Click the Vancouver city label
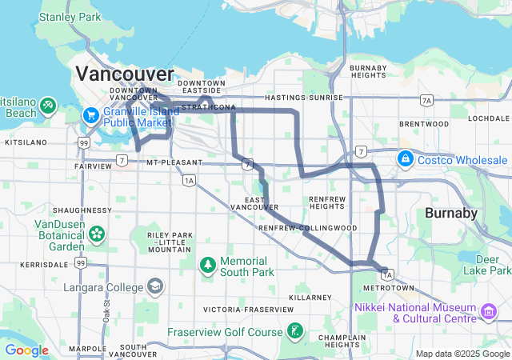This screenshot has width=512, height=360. tap(124, 74)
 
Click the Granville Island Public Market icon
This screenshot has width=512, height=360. tap(90, 116)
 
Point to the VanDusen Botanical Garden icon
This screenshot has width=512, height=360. tap(97, 234)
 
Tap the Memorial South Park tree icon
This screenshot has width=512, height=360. tap(207, 263)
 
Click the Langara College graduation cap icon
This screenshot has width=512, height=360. tap(154, 287)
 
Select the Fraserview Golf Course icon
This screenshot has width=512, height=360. tap(295, 331)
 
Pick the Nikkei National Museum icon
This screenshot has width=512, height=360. tap(488, 310)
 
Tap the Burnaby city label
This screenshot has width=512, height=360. tap(450, 214)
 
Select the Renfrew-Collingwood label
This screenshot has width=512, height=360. tap(307, 228)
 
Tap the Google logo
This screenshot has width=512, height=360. tap(26, 350)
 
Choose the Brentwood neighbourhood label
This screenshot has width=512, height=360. tap(424, 124)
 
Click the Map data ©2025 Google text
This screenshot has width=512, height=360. tap(462, 354)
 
